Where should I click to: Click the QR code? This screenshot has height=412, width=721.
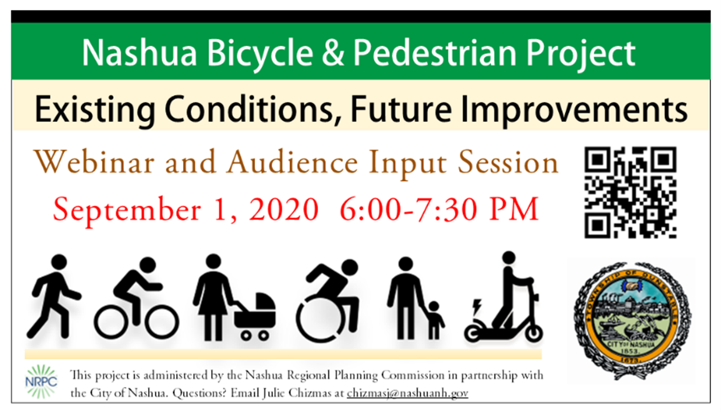click(630, 193)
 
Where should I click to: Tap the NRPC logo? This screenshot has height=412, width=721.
click(41, 381)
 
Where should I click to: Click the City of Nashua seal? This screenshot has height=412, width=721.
click(633, 320)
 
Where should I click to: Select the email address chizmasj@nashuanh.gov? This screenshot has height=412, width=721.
click(407, 393)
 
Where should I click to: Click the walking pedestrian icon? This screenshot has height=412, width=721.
click(54, 296)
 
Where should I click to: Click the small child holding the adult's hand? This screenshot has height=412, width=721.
click(434, 321)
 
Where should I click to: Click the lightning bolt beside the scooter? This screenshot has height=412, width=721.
click(477, 306)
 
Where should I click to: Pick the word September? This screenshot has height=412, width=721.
click(127, 211)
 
